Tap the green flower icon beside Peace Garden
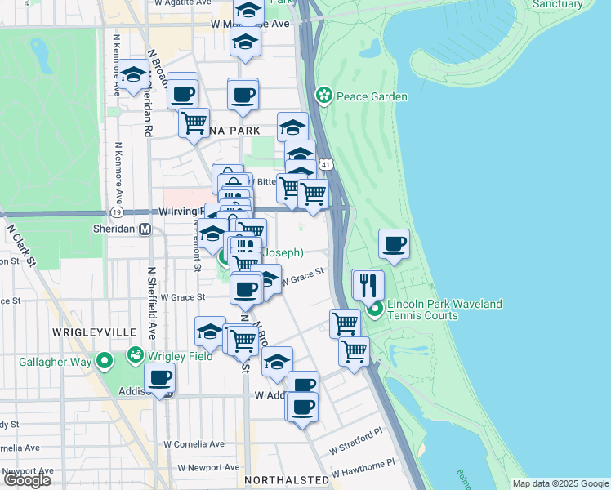coord(324,96)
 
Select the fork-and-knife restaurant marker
coord(368,286)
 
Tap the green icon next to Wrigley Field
coord(135,355)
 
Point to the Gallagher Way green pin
coord(105,360)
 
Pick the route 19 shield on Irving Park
coord(118,212)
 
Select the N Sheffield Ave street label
coord(152,302)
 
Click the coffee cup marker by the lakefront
coord(395,245)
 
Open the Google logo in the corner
coord(27,480)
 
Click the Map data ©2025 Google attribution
coord(560,483)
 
